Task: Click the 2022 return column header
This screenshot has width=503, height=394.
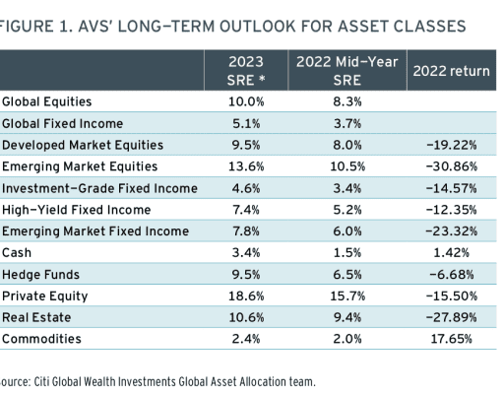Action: [451, 71]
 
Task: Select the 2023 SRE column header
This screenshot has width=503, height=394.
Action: [246, 71]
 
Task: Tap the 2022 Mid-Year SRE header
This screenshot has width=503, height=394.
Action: [347, 71]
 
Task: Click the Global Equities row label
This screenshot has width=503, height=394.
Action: [47, 101]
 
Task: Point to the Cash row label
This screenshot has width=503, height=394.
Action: [17, 253]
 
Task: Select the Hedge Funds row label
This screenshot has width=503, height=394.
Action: [40, 275]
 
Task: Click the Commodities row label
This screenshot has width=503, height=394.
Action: [41, 339]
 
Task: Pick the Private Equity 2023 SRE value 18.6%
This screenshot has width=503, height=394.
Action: [246, 296]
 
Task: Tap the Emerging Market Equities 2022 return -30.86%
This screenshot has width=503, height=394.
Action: [452, 166]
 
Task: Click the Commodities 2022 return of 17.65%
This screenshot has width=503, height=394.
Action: [452, 339]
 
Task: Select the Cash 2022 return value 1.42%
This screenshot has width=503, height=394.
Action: [452, 253]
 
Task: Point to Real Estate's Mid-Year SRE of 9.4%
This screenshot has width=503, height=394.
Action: [347, 317]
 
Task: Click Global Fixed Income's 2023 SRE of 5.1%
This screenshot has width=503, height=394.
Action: [246, 124]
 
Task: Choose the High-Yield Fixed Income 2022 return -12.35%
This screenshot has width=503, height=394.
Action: [452, 210]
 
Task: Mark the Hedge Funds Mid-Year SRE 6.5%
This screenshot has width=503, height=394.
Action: [347, 275]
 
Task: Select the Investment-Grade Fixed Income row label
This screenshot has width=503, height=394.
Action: [99, 188]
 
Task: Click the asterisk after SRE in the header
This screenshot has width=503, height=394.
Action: [262, 79]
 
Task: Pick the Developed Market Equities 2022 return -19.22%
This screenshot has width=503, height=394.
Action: [452, 145]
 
